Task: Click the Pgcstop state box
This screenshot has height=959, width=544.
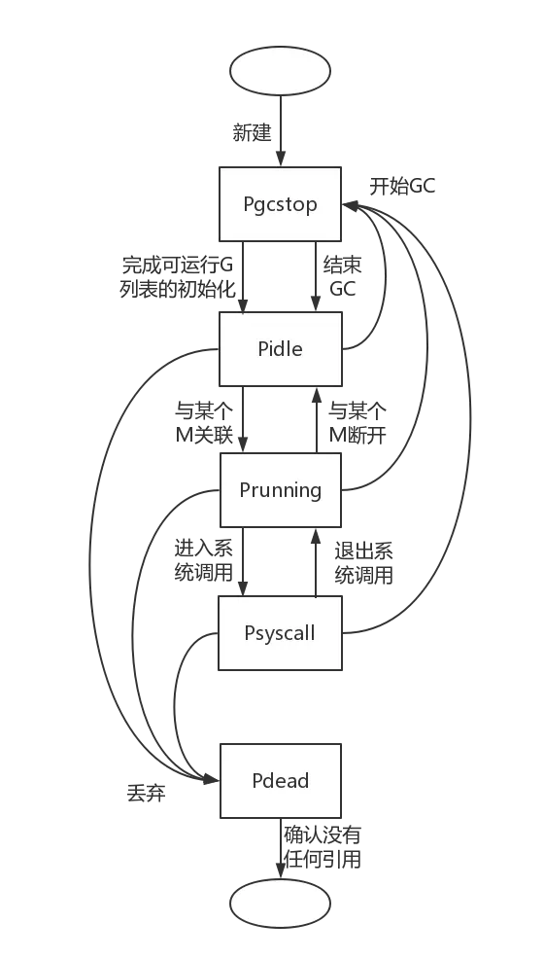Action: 280,203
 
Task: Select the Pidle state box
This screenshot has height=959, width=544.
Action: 280,348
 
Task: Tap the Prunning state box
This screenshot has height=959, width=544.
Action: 280,490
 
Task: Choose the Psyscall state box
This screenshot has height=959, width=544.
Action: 280,633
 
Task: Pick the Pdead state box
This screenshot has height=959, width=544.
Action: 280,780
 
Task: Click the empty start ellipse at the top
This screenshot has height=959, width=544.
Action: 280,70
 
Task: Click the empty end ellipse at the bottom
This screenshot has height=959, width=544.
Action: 280,903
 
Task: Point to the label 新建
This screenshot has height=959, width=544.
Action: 253,132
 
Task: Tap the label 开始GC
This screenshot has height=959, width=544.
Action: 402,186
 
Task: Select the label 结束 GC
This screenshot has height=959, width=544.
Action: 343,276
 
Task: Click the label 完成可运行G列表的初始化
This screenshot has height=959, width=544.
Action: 178,276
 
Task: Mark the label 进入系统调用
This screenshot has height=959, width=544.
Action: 204,560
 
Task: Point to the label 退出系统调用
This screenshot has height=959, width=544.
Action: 364,563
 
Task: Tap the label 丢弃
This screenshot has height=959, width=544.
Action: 146,794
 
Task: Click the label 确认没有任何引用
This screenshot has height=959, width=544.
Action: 323,847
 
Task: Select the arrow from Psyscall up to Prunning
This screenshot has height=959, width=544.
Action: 316,562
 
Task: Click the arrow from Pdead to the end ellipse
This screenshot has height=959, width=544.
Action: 281,848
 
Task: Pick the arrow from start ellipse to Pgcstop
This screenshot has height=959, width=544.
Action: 281,130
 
